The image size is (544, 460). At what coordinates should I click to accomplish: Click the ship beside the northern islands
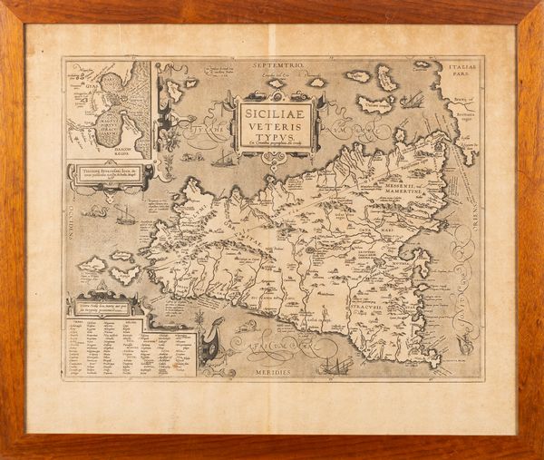pyautogui.click(x=413, y=98)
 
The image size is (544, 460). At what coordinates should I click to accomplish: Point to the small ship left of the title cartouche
pyautogui.click(x=223, y=160)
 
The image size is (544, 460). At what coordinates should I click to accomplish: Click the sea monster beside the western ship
pyautogui.click(x=94, y=211)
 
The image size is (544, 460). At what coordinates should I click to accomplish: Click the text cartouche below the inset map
pyautogui.click(x=108, y=173)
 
